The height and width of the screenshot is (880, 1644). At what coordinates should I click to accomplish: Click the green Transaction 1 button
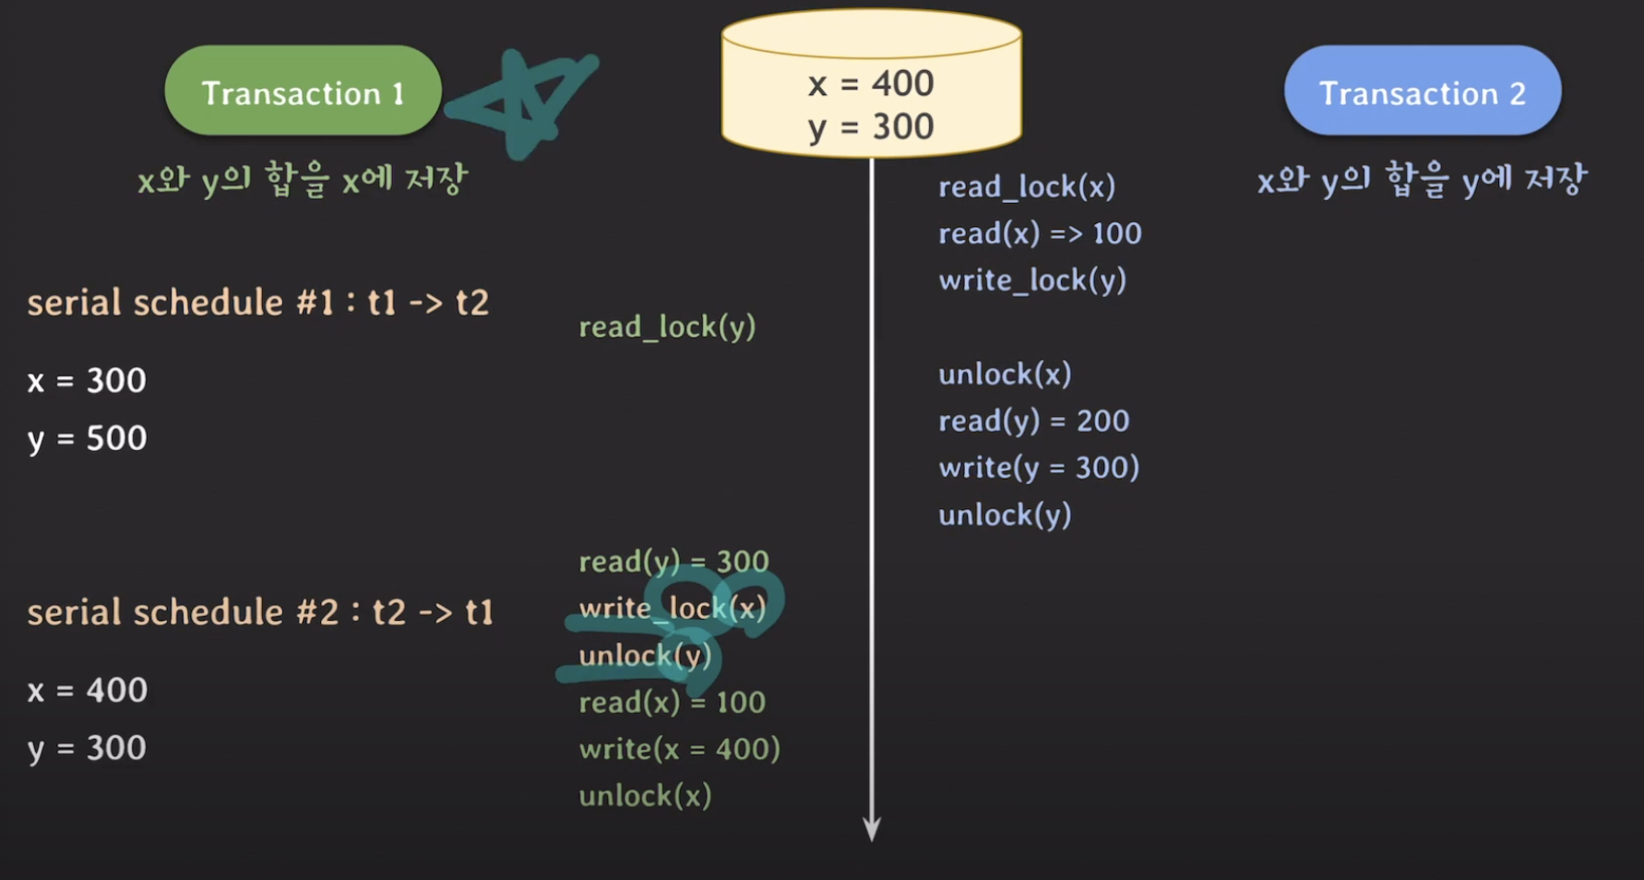[303, 92]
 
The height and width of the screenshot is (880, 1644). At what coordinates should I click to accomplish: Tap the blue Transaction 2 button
[1422, 92]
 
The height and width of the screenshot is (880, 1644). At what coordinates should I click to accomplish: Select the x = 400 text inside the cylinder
[871, 84]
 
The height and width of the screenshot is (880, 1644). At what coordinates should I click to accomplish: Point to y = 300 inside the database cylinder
[871, 127]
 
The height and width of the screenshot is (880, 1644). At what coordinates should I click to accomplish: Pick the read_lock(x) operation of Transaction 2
[1027, 187]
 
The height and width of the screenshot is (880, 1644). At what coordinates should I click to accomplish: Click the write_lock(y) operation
[1032, 280]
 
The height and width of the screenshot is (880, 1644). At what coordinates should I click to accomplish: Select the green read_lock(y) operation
[667, 327]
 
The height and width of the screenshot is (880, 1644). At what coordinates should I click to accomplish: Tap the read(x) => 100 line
[1040, 233]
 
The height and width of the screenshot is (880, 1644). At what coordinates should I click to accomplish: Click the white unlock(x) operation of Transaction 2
[1005, 375]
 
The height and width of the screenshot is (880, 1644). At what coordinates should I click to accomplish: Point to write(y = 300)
[1039, 468]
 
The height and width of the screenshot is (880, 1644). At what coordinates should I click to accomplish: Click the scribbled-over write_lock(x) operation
[673, 609]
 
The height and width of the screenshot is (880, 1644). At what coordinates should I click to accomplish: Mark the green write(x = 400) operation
[679, 749]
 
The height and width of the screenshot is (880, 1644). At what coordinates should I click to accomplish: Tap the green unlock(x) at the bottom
[645, 796]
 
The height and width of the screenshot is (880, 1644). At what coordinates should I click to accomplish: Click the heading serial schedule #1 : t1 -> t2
[257, 303]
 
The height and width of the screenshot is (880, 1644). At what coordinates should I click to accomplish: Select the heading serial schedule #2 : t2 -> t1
[260, 612]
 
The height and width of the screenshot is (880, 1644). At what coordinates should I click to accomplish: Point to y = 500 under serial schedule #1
[87, 439]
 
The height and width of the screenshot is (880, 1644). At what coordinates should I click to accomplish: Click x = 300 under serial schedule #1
[87, 381]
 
